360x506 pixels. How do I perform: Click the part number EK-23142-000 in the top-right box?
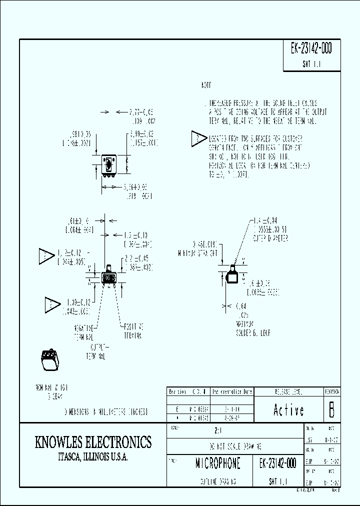tap(311, 49)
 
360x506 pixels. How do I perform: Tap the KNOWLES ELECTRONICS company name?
tap(93, 442)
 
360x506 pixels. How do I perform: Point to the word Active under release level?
tap(288, 410)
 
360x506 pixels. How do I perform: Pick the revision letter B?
tap(331, 410)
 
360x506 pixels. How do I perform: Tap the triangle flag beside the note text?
tap(199, 139)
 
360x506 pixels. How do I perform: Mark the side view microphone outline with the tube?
tap(230, 275)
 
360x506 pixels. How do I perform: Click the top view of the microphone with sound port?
tap(108, 165)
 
